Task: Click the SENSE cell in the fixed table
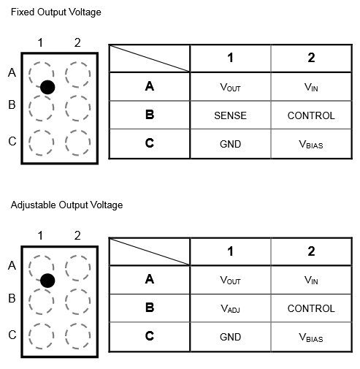click(x=230, y=115)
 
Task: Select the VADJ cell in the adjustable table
click(x=230, y=308)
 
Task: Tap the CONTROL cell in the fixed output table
click(x=311, y=115)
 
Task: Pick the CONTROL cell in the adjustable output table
click(x=311, y=308)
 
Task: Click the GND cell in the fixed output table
click(x=230, y=144)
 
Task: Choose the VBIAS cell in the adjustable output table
click(x=311, y=338)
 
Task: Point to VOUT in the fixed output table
click(x=230, y=87)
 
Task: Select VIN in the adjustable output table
click(x=311, y=280)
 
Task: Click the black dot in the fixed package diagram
click(x=47, y=87)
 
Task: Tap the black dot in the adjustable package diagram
click(x=47, y=281)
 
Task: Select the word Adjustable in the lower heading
click(x=34, y=205)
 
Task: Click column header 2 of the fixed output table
click(x=311, y=58)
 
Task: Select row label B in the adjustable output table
click(x=150, y=308)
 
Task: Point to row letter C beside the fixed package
click(x=12, y=141)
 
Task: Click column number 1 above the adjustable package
click(x=40, y=236)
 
